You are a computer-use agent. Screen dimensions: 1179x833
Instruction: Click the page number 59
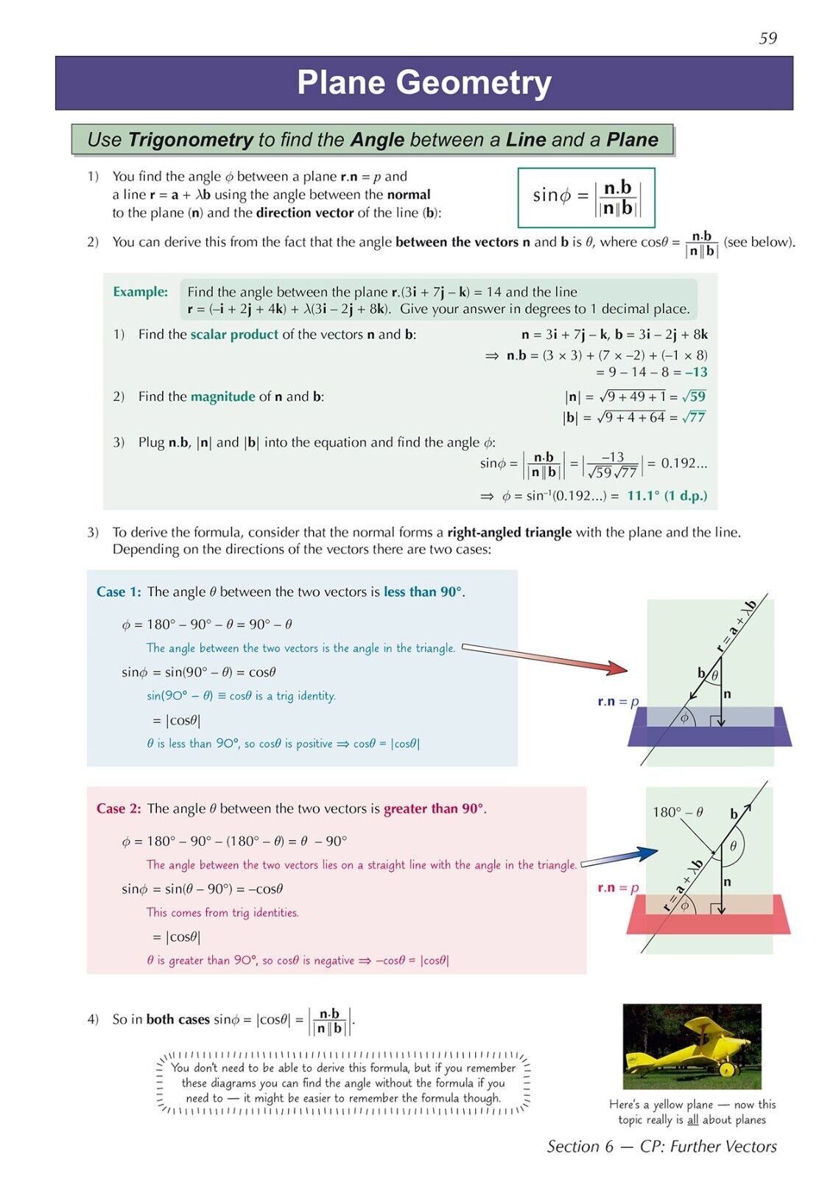767,38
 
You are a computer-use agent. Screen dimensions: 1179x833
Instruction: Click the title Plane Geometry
423,83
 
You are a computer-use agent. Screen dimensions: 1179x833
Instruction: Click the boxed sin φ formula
586,197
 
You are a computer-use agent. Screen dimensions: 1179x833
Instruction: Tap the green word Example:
140,292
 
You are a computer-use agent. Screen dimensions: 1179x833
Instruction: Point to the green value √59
694,396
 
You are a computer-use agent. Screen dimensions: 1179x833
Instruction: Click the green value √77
694,417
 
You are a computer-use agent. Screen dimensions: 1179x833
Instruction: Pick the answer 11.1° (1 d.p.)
667,496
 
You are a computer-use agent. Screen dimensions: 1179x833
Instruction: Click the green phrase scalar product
234,335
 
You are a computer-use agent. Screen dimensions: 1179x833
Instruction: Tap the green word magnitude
222,396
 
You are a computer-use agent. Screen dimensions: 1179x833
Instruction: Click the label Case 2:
119,808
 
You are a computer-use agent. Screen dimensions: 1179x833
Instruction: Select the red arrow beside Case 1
545,658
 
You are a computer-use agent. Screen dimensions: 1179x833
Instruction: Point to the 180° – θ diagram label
678,812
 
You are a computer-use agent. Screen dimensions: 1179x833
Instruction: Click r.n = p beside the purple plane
618,702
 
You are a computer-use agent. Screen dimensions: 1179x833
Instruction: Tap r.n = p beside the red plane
618,888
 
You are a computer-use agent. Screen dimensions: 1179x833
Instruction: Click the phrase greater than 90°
433,808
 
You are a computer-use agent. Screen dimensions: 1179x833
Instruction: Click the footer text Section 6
580,1147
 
